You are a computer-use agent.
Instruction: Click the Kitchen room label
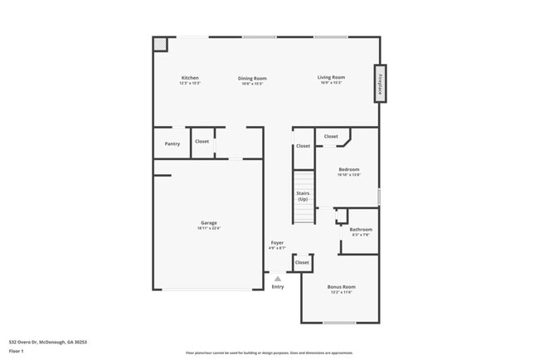click(190, 78)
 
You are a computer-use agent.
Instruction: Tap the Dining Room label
click(253, 78)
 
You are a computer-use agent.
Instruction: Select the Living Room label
click(330, 78)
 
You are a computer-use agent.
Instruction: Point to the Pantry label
click(172, 144)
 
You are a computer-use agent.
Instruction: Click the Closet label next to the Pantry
click(202, 141)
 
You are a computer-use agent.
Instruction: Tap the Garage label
click(208, 222)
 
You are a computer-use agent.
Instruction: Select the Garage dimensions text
click(208, 228)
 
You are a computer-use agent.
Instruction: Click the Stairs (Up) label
click(303, 197)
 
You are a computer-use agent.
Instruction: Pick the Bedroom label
click(348, 169)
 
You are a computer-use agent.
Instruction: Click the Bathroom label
click(360, 229)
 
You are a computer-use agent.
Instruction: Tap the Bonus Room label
click(341, 287)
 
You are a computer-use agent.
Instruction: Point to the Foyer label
click(277, 243)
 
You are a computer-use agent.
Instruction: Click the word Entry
click(277, 287)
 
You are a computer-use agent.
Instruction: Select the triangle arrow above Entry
click(277, 279)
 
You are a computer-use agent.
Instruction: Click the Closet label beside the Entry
click(302, 262)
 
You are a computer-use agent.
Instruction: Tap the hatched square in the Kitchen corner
click(161, 43)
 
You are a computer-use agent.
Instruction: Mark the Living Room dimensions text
click(330, 83)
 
